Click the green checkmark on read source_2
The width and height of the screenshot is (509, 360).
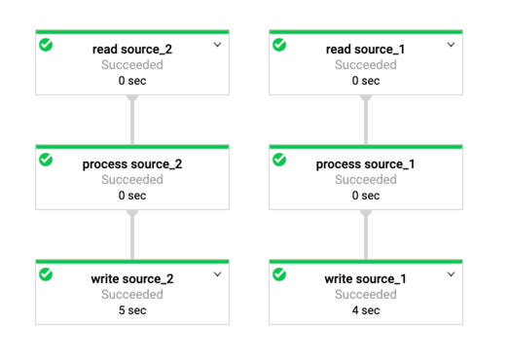tap(46, 45)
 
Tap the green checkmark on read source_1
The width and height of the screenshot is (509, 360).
tap(279, 45)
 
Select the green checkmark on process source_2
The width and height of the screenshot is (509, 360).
tap(46, 160)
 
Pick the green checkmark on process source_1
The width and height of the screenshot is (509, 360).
tap(279, 160)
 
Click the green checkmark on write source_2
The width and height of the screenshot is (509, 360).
tap(46, 275)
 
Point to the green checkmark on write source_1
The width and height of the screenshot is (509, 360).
tap(279, 275)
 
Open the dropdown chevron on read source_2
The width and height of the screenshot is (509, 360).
tap(217, 45)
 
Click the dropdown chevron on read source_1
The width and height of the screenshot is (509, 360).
tap(451, 45)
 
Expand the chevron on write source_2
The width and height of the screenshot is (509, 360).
tap(217, 275)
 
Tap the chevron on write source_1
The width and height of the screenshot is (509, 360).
tap(451, 275)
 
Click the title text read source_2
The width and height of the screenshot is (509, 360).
tap(131, 49)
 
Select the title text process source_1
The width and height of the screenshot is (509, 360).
tap(365, 163)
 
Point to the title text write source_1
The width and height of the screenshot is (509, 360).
tap(365, 279)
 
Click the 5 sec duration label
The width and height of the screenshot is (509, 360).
tap(131, 310)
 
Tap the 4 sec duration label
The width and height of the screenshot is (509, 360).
tap(365, 310)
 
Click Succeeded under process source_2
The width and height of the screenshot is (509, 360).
tap(131, 180)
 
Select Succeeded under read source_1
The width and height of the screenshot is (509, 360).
tap(365, 65)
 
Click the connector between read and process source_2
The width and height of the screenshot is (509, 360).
tap(131, 120)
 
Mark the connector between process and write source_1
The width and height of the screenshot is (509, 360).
tap(366, 234)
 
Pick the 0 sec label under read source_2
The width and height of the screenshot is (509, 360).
tap(131, 81)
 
